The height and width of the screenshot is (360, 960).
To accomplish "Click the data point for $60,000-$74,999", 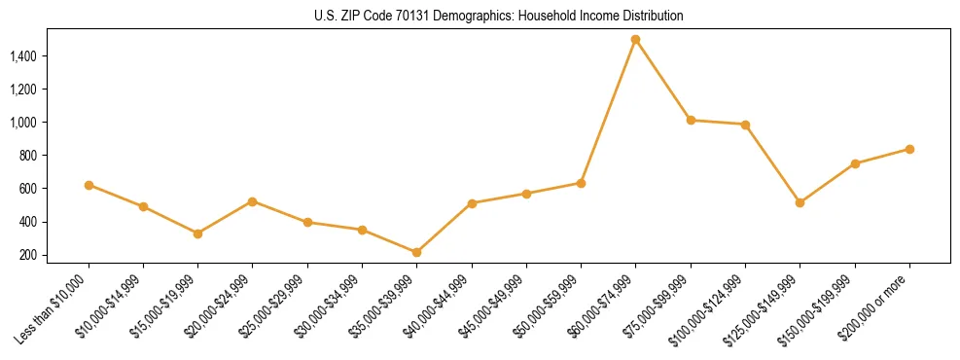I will coord(635,40).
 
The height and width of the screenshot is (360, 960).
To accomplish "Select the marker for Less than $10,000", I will coord(89,185).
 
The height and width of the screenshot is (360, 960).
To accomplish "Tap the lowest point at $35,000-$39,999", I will coord(416,252).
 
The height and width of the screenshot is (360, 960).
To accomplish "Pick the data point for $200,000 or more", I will coord(909,149).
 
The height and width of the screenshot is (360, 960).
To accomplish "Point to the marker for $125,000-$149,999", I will coord(800,202).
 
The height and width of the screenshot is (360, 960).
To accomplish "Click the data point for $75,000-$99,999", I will coord(691,120).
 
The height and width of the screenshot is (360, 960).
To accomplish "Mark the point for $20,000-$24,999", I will coord(253,201).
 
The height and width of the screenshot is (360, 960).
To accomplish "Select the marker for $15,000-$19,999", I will coord(197,234).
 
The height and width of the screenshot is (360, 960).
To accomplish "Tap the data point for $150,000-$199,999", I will coord(855,163).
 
